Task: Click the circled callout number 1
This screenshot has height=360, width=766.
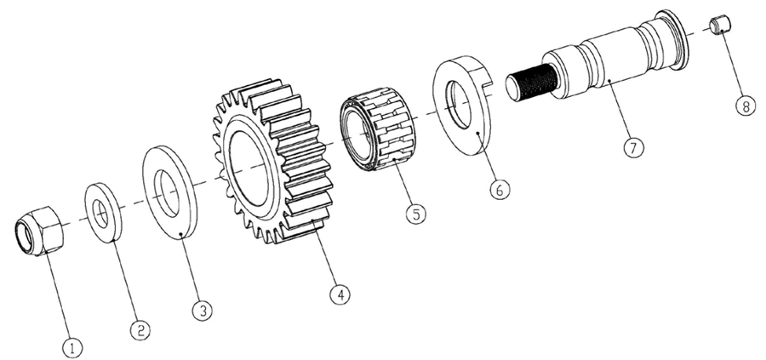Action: tap(73, 348)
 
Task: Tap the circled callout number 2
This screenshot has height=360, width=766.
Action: tap(140, 329)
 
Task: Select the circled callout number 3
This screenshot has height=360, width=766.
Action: tap(203, 310)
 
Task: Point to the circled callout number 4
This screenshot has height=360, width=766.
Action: tap(340, 294)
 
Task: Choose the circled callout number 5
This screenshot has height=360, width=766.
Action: tap(415, 214)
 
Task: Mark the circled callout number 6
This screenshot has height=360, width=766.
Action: tap(500, 190)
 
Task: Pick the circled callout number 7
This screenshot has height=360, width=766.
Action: tap(633, 147)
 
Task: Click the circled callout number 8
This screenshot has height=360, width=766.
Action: tap(746, 106)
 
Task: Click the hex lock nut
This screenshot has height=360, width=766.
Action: tap(37, 231)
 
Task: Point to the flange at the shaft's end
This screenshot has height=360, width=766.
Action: tap(675, 38)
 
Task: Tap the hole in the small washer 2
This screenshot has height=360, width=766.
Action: tap(100, 214)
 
